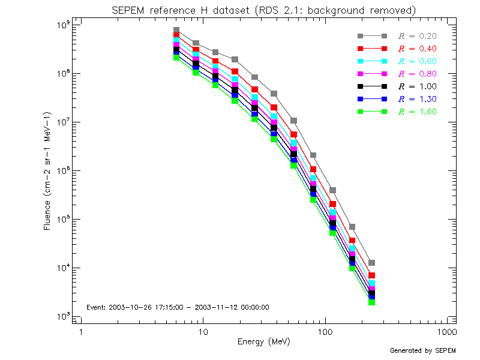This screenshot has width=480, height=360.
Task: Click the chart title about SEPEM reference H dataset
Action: (264, 11)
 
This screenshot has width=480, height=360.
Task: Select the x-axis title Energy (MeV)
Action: (264, 341)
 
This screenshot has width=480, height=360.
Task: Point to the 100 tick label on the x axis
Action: (325, 332)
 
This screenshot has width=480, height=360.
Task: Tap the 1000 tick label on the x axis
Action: (447, 332)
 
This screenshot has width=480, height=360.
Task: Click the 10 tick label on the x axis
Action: (203, 332)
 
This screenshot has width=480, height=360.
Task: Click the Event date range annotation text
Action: (178, 307)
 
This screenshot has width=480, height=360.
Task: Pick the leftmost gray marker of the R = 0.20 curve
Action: (176, 30)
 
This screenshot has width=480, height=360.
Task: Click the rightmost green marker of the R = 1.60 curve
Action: (372, 302)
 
